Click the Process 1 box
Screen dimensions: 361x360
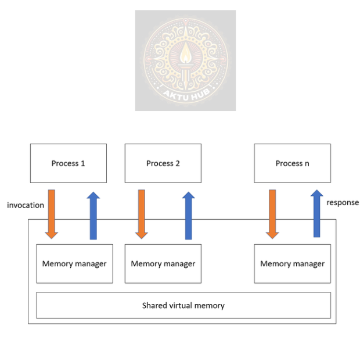[68, 163]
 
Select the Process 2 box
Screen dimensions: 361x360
[163, 163]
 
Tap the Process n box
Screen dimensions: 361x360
[292, 163]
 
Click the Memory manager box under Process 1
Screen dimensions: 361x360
[74, 263]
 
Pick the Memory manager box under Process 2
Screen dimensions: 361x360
[163, 263]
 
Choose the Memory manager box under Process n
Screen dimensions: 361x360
[292, 263]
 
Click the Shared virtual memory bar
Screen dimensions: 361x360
[183, 305]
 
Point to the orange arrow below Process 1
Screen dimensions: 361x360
[52, 213]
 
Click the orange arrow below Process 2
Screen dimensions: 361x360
[141, 213]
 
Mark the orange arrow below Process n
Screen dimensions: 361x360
[272, 213]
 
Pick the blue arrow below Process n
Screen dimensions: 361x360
[316, 213]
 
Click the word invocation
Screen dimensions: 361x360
[25, 205]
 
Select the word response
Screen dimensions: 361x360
[343, 202]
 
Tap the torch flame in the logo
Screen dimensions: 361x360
[185, 55]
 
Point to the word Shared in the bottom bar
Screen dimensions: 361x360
[155, 305]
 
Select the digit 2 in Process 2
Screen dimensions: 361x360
[177, 163]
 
